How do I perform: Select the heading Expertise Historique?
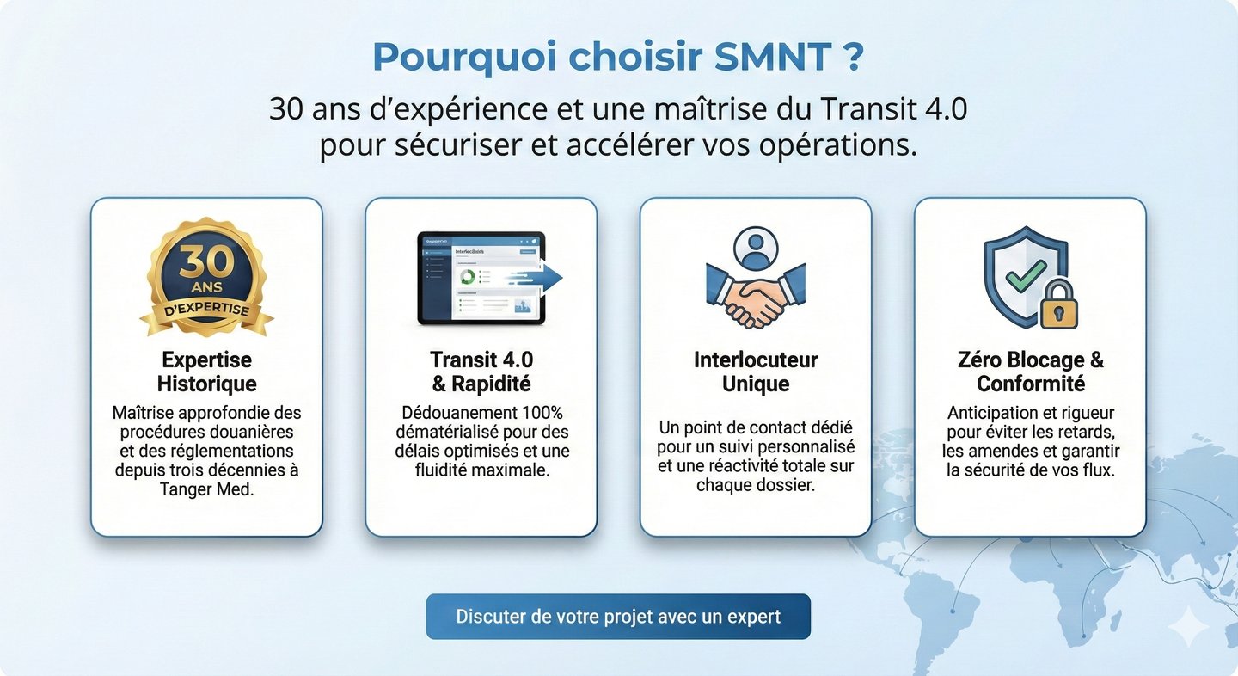(x=206, y=372)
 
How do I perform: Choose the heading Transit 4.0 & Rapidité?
(x=481, y=372)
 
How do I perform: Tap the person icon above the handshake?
(x=756, y=249)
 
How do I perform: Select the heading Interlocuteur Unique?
(x=756, y=372)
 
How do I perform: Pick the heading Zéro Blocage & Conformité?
(x=1030, y=372)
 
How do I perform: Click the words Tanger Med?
(x=206, y=489)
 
